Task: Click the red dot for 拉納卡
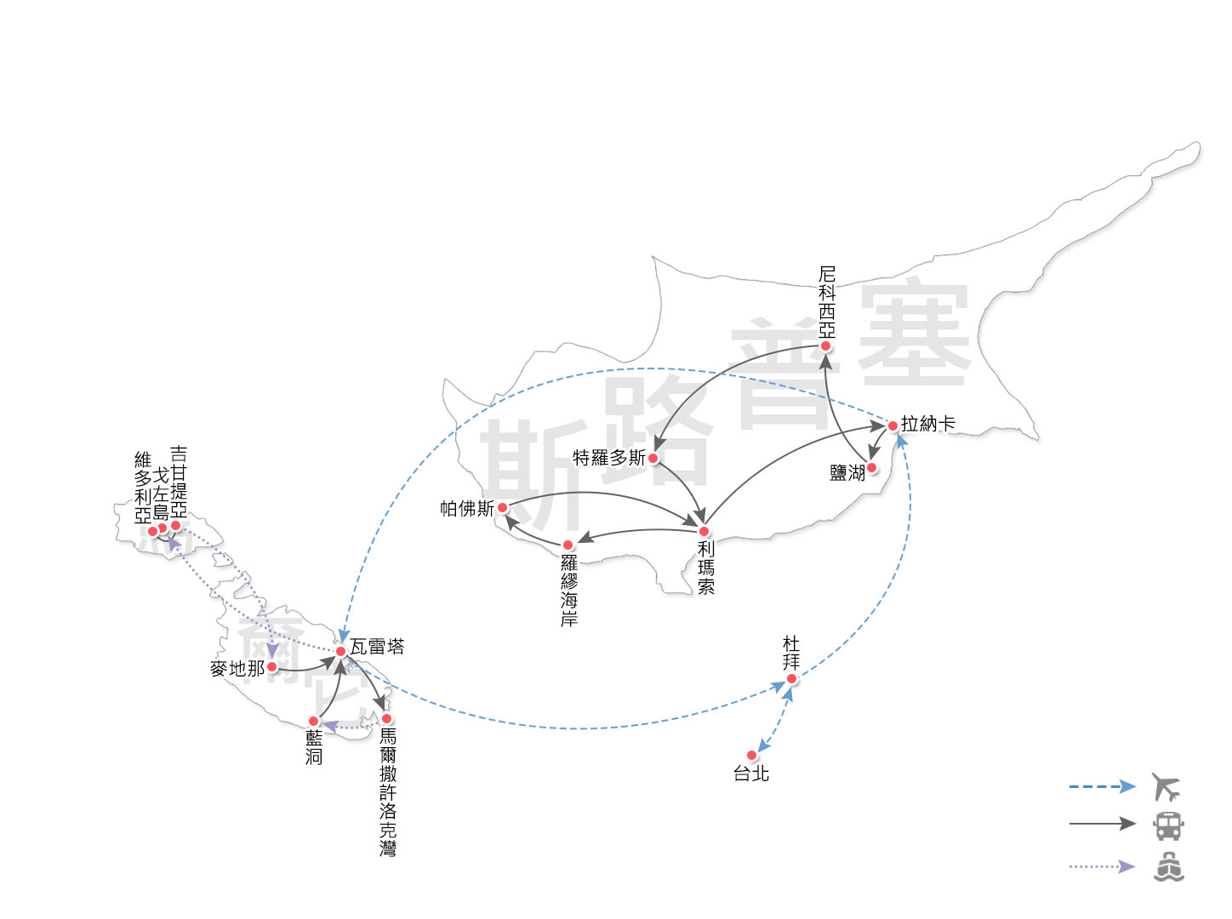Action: click(893, 425)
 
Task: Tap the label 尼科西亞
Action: click(826, 302)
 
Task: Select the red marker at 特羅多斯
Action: click(653, 458)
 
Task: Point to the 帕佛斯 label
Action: click(466, 509)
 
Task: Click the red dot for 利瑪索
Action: click(704, 532)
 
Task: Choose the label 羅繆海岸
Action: click(568, 591)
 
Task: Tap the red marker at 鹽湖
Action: click(871, 467)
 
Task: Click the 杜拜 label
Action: click(791, 653)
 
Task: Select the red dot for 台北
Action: click(751, 755)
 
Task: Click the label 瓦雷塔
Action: click(377, 647)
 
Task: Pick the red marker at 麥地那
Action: click(272, 667)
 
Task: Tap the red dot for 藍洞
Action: click(313, 721)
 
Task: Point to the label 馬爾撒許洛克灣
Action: click(388, 791)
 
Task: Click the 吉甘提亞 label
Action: click(179, 482)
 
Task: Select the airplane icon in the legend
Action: click(1166, 787)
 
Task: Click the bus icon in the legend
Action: click(1167, 825)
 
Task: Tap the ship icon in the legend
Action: click(1168, 866)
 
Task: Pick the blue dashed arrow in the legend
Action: click(1102, 786)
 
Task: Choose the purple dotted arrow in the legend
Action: click(1102, 866)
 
